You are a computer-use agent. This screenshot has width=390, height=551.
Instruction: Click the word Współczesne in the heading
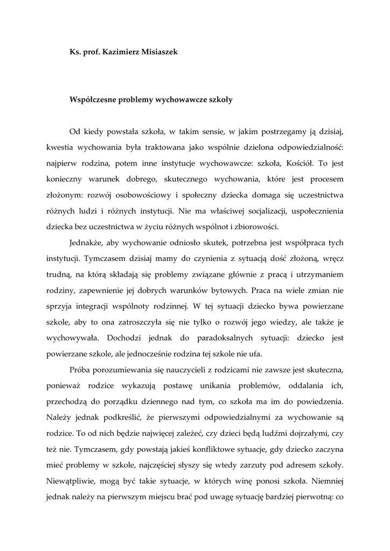[93, 100]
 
